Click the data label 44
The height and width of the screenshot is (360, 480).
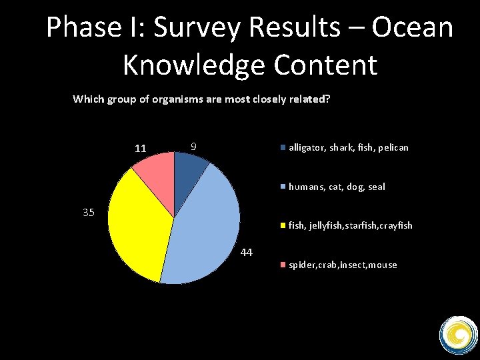click(246, 253)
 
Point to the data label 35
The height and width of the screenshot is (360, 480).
click(89, 213)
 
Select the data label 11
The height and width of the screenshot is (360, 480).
click(140, 148)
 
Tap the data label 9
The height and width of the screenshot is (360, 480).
click(193, 146)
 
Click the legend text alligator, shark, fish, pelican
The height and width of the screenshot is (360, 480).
click(348, 147)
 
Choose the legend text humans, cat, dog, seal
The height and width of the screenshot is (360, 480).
click(337, 187)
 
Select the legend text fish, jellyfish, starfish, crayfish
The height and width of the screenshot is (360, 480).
click(350, 225)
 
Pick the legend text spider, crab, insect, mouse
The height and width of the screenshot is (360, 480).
click(343, 265)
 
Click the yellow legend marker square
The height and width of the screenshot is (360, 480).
click(283, 226)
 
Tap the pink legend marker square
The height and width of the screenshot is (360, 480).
click(283, 265)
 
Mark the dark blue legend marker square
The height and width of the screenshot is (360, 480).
click(283, 147)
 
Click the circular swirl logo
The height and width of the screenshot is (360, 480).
click(459, 334)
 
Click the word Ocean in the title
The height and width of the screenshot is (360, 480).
click(412, 28)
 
